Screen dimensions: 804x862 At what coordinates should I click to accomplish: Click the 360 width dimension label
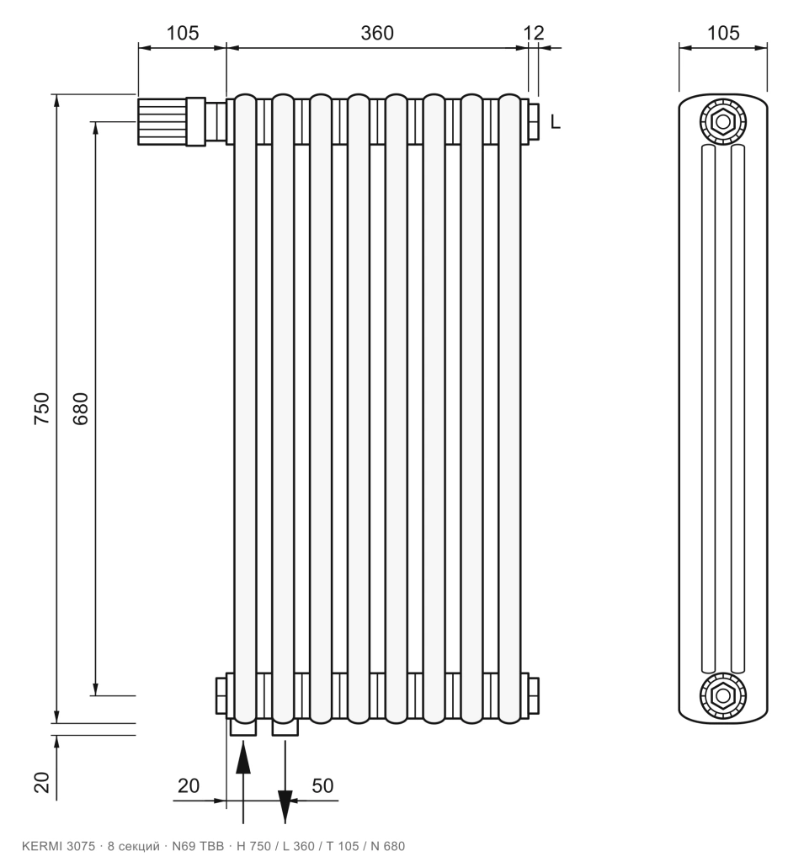point(376,33)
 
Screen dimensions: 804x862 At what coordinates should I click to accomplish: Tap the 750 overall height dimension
point(42,408)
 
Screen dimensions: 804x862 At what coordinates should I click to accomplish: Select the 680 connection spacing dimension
point(80,408)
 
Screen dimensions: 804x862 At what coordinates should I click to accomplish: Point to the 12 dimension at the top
point(533,33)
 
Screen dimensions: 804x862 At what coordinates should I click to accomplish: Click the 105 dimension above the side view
point(722,33)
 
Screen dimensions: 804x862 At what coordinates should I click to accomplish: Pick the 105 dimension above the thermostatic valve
point(183,33)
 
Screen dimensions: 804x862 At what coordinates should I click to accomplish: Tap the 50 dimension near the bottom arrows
point(322,785)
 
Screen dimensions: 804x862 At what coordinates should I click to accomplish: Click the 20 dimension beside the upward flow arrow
point(188,785)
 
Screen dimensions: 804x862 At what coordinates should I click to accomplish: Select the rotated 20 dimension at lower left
point(42,782)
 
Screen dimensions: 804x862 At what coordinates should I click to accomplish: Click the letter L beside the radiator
point(555,121)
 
